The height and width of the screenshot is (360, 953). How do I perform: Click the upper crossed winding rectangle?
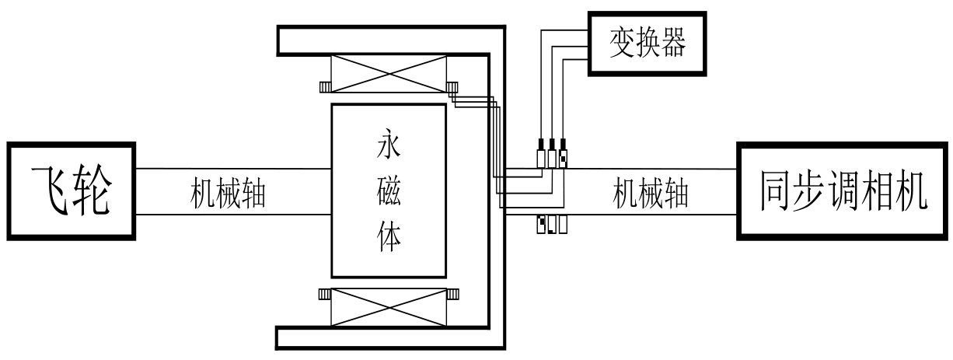tap(389, 75)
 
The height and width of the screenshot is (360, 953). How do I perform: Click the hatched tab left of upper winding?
tap(325, 87)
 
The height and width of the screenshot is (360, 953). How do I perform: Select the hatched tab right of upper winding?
tap(452, 87)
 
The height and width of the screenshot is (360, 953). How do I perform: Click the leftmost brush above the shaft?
tap(542, 156)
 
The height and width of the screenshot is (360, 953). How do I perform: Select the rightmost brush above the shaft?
tap(563, 156)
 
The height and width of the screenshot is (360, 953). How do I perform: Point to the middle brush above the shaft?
tap(552, 156)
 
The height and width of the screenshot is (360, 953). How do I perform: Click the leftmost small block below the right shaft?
tap(541, 225)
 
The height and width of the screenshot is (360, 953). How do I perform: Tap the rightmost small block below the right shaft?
tap(562, 225)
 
